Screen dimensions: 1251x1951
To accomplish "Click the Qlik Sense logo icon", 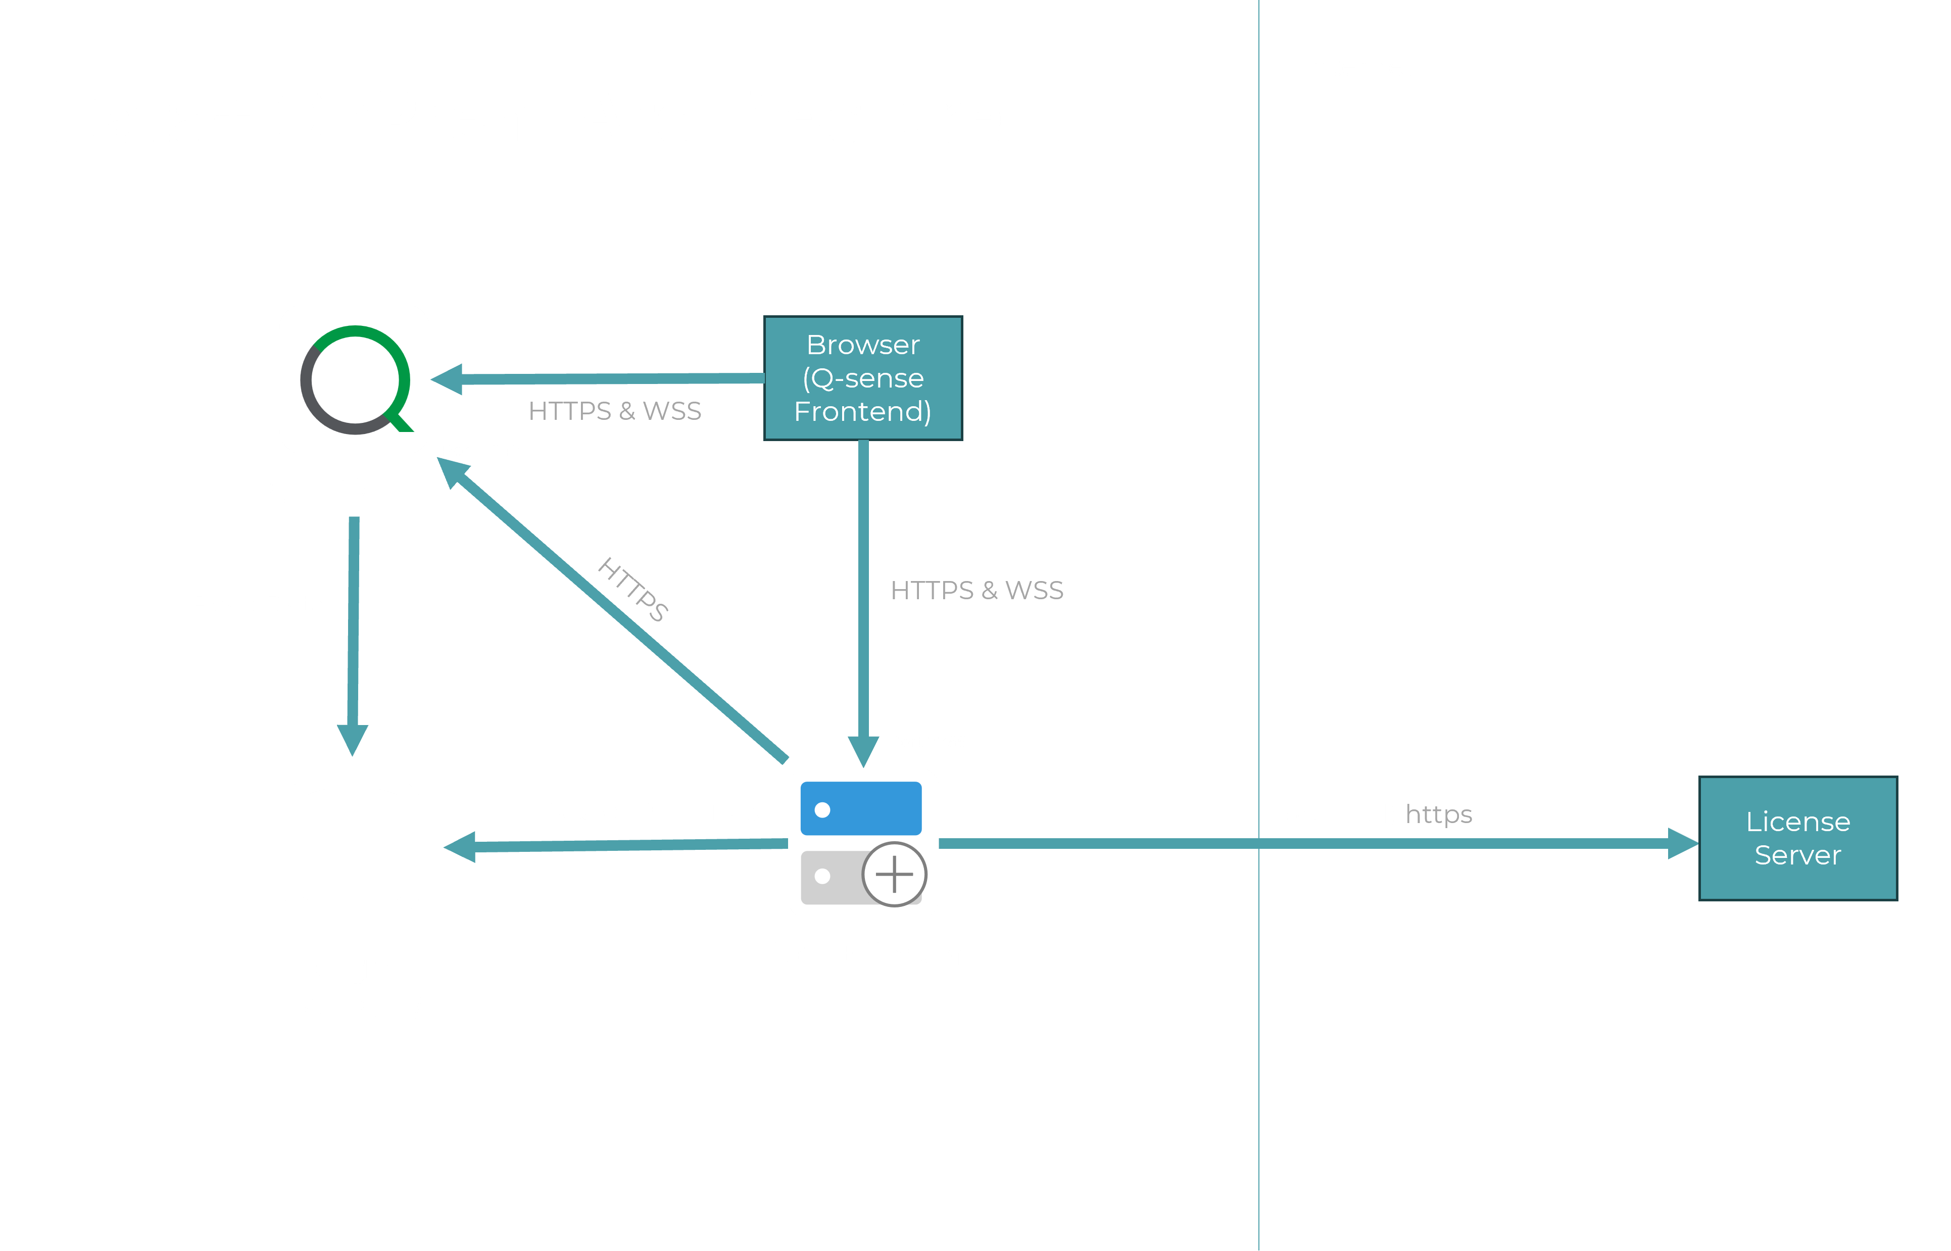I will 354,379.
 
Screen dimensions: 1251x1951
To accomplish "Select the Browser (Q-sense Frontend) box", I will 863,378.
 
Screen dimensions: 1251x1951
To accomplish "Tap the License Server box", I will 1797,838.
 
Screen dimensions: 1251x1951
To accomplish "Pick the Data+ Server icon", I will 863,843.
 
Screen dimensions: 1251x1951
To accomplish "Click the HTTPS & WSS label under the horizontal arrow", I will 614,411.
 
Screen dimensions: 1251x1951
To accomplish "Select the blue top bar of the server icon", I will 861,808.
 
